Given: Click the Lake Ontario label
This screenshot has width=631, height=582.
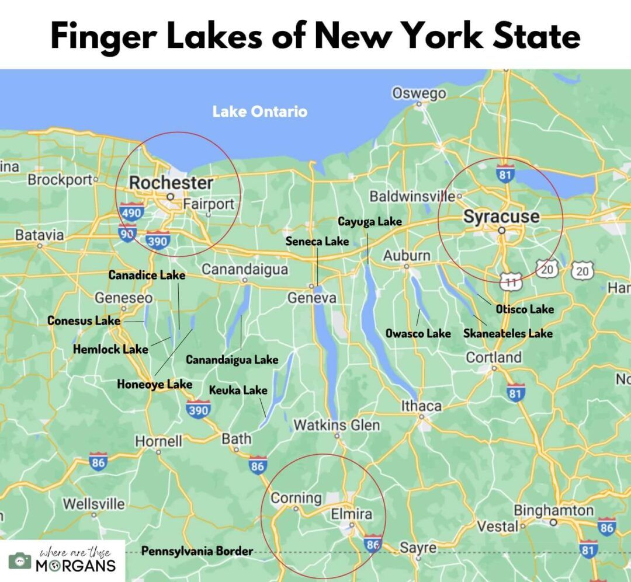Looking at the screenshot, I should point(259,111).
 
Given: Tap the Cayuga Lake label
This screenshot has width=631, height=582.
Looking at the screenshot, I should point(370,221).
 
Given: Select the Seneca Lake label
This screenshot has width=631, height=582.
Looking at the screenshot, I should point(317,241).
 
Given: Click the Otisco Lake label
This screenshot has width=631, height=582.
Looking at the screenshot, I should point(525,309).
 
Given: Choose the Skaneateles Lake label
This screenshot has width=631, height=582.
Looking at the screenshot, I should point(507,333).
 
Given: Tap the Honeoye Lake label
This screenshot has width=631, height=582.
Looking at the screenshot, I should point(154,384).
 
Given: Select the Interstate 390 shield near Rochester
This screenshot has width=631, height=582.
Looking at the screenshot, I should point(158,239).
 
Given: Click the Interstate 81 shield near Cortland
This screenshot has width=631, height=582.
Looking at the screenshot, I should point(515,393).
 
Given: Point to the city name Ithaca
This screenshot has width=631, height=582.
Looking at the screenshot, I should point(421,406).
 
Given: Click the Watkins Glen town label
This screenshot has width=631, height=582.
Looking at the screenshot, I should point(337,425).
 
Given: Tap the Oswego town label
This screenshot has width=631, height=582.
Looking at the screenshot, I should point(419,93).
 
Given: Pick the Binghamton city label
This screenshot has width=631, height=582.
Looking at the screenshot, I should point(553,510).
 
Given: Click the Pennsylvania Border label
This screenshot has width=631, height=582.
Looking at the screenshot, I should point(197,550).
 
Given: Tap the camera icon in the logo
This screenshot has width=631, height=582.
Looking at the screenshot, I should point(19,560).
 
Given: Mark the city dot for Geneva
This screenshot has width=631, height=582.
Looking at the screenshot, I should point(313,287).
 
